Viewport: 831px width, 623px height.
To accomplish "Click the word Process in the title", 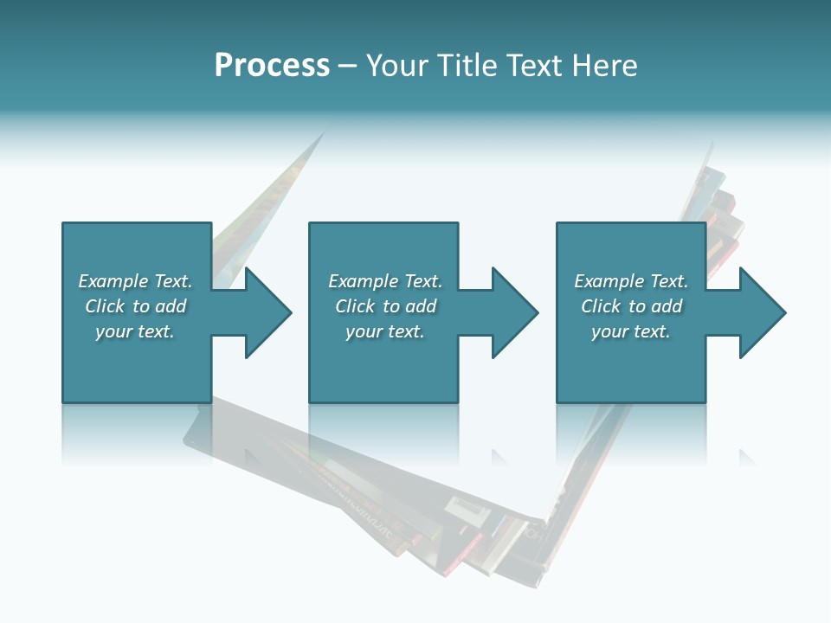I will click(272, 66).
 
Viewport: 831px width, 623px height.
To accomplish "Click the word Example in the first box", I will click(113, 281).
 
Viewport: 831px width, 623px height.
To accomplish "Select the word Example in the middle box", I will click(363, 281).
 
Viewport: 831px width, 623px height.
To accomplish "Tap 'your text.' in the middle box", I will click(384, 331).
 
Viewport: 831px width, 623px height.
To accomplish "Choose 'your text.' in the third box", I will click(630, 331).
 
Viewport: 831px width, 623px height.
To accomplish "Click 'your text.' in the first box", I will click(134, 331).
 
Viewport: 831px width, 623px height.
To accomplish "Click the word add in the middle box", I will click(422, 306).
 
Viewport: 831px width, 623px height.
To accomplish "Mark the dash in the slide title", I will click(347, 67).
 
